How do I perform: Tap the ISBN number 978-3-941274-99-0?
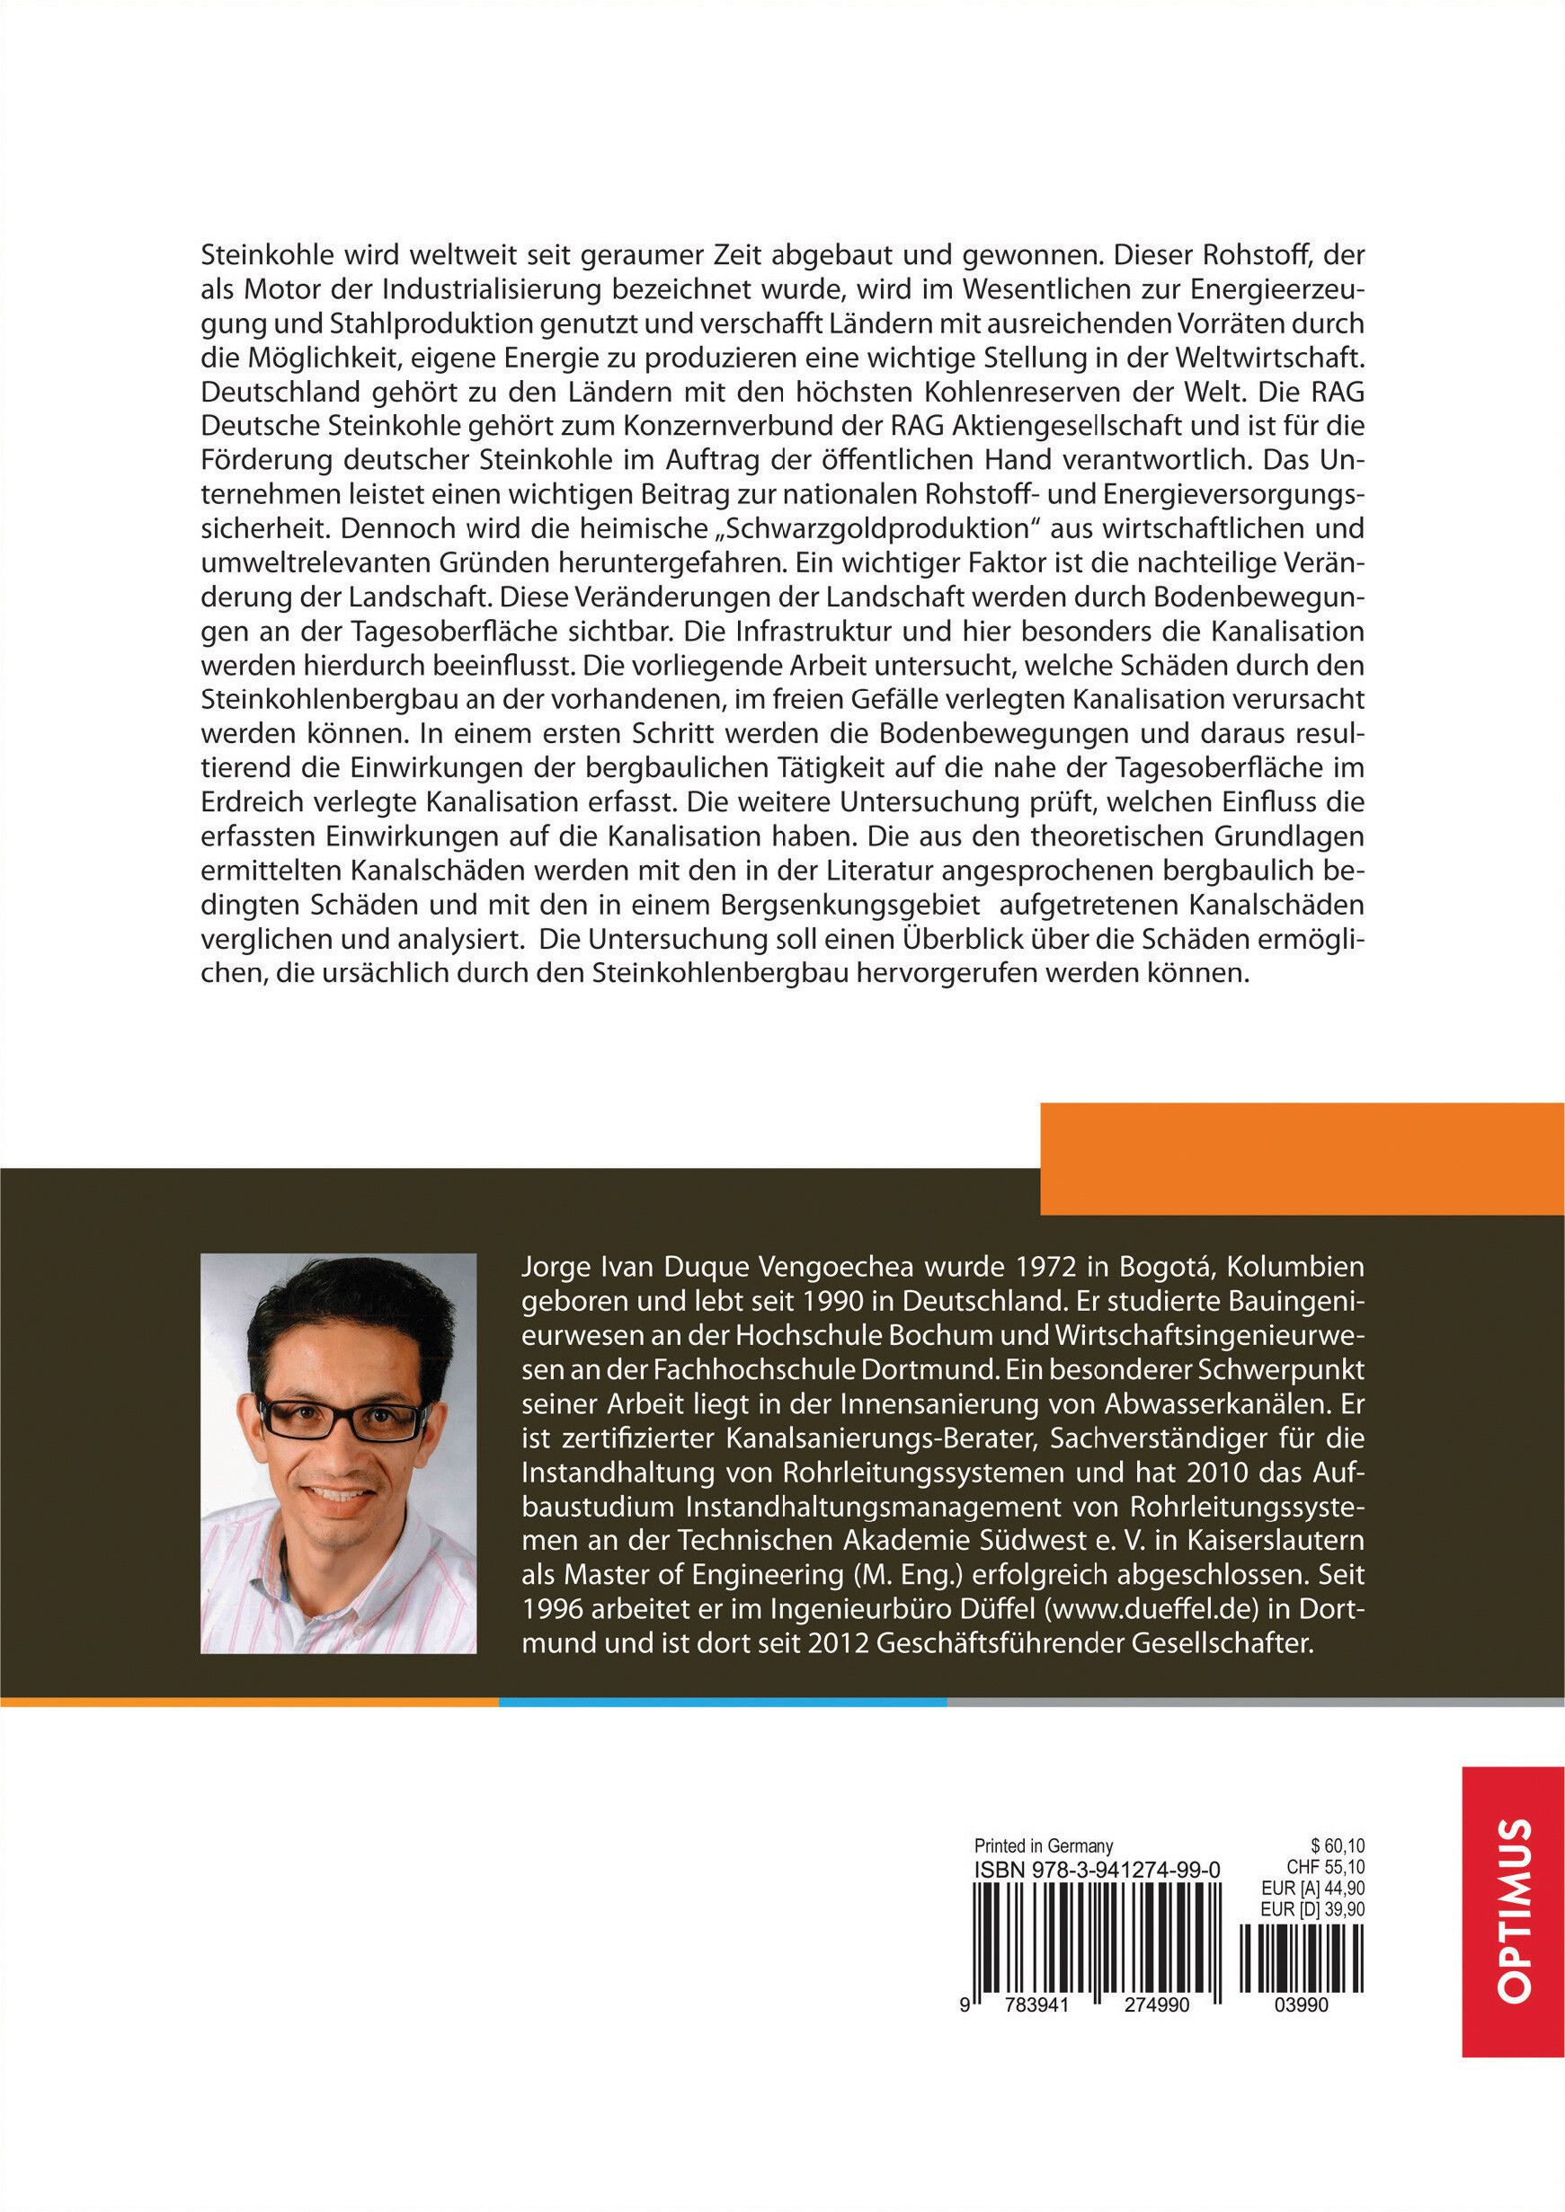1097,1869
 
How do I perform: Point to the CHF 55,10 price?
1325,1867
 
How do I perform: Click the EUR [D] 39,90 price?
1312,1908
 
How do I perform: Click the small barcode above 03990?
1301,1958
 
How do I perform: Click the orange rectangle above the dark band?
1301,1158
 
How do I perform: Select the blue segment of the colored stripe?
723,1702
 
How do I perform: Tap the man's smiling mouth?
339,1496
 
